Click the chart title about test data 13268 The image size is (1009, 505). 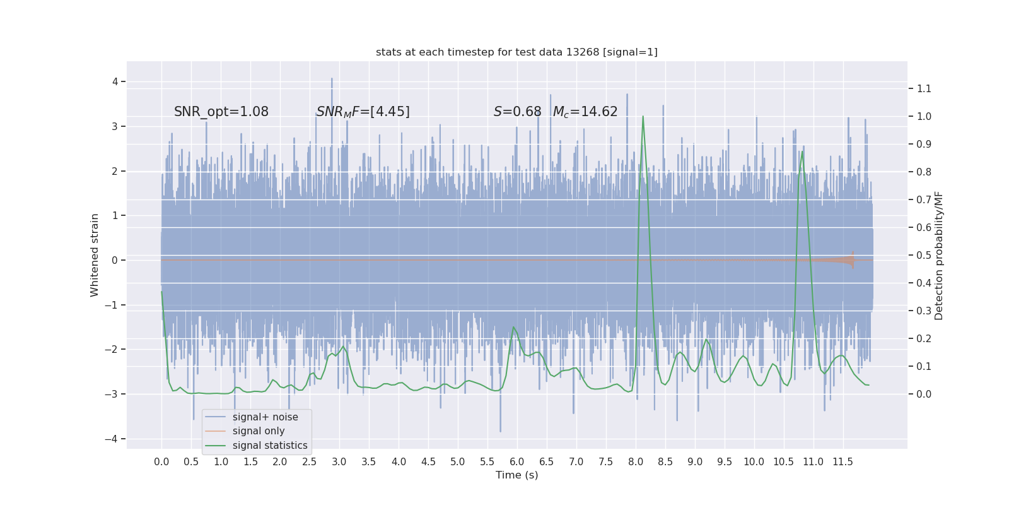click(x=516, y=52)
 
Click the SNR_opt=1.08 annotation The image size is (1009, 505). click(x=221, y=112)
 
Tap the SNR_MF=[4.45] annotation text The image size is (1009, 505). click(x=363, y=112)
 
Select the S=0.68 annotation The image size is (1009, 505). click(x=517, y=112)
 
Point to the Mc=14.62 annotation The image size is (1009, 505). click(x=585, y=112)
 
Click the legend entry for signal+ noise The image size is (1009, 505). click(x=265, y=417)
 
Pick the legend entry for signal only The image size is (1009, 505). click(x=259, y=431)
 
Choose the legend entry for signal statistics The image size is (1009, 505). click(x=270, y=446)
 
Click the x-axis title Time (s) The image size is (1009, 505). click(x=516, y=475)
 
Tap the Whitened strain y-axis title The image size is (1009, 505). click(x=95, y=255)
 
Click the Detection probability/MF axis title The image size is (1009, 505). click(x=939, y=255)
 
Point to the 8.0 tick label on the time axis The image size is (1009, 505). click(x=636, y=462)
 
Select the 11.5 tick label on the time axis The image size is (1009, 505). click(x=843, y=462)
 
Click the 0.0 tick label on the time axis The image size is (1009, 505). click(x=161, y=462)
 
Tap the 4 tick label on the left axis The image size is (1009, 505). click(x=115, y=81)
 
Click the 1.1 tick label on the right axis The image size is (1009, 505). click(x=924, y=89)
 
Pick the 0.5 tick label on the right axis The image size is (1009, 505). click(x=924, y=256)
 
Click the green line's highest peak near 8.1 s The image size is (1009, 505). click(x=643, y=116)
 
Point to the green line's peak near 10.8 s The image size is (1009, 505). click(x=802, y=151)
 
